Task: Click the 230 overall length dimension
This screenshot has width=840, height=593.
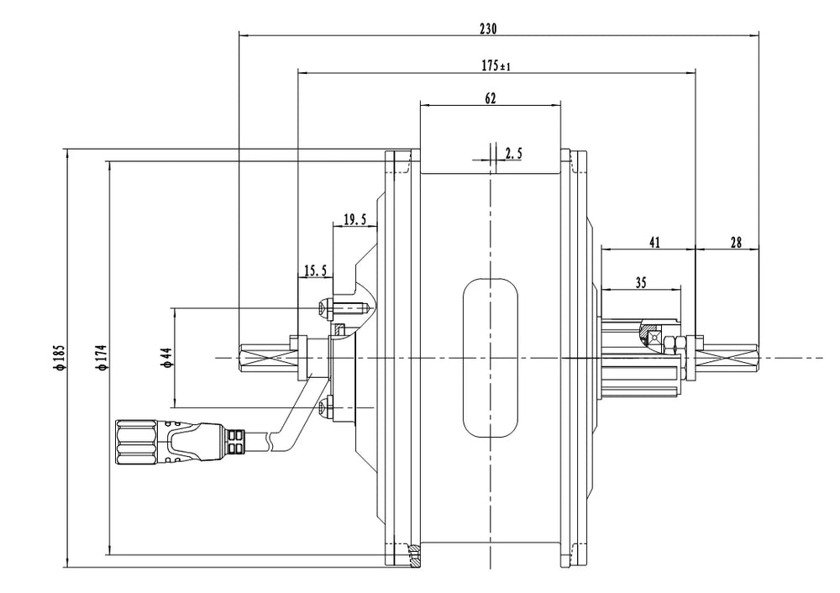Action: click(488, 28)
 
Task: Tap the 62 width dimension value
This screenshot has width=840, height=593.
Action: click(491, 98)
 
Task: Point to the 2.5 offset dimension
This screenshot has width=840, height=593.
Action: click(513, 154)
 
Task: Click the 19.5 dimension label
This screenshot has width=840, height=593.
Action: click(355, 220)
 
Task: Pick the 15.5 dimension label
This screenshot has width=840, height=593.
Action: click(315, 270)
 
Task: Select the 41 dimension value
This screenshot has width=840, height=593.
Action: click(654, 242)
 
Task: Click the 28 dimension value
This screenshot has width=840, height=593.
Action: click(735, 242)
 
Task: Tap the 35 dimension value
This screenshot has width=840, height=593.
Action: click(640, 283)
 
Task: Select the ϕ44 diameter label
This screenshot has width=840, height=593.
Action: click(166, 357)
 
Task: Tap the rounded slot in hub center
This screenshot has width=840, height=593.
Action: click(490, 358)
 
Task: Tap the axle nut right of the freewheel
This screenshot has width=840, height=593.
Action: click(676, 344)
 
